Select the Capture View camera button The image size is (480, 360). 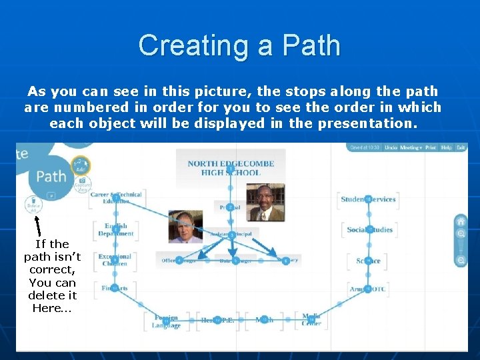click(x=82, y=185)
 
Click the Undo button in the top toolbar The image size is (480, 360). click(x=391, y=147)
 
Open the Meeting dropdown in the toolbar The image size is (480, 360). click(x=411, y=147)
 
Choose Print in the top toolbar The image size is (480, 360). click(x=431, y=147)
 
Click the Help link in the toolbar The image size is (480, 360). click(x=446, y=147)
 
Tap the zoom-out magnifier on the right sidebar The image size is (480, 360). click(x=460, y=260)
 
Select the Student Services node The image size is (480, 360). click(x=368, y=199)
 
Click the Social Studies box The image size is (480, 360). click(x=369, y=230)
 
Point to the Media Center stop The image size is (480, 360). click(x=311, y=319)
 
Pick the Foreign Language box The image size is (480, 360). click(x=166, y=321)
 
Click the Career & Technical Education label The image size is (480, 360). click(x=116, y=197)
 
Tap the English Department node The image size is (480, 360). click(x=116, y=229)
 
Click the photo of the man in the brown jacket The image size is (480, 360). click(x=265, y=202)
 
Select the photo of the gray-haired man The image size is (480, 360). click(x=185, y=227)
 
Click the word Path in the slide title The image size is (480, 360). click(x=311, y=45)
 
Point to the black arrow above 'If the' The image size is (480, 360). click(x=38, y=225)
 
